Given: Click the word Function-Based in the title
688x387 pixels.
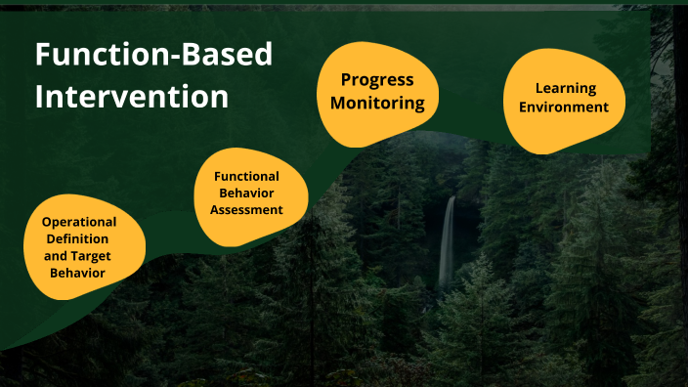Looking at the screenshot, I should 153,55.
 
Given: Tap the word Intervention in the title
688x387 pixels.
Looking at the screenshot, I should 132,97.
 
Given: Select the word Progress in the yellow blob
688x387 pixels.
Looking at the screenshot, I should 377,80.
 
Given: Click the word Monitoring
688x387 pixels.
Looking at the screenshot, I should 377,102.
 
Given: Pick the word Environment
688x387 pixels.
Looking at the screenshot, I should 564,107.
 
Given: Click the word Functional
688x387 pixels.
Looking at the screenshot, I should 247,176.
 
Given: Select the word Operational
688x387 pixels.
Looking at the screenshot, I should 79,222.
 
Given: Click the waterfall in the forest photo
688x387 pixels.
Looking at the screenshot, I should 448,239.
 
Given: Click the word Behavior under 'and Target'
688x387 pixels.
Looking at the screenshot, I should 79,273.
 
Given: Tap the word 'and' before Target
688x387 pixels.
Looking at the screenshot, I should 56,256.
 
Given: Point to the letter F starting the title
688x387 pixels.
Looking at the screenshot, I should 43,55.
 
